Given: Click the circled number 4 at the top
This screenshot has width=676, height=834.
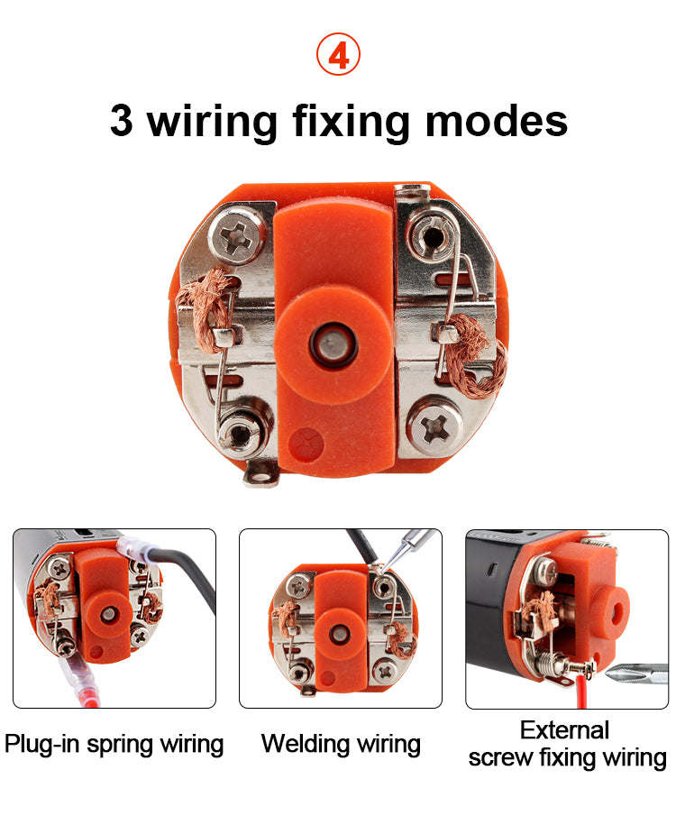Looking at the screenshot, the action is pos(338,54).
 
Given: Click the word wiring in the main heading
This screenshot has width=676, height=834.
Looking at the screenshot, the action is pos(212,123).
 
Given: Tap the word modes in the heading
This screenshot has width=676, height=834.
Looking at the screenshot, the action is pos(497,122).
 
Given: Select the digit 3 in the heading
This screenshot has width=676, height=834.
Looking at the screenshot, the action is pos(122,121).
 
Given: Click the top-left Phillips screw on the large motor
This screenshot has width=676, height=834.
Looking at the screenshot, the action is pos(237,234).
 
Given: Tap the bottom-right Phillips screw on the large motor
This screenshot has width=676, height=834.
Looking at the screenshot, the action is pos(435,426).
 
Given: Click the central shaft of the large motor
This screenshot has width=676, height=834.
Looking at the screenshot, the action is pos(333,344).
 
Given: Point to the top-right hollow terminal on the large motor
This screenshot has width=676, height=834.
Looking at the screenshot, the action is pos(432,234).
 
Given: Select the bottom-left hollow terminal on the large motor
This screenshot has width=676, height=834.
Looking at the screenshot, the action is pos(241,432).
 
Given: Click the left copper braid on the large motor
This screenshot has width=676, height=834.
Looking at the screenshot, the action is pos(206,309).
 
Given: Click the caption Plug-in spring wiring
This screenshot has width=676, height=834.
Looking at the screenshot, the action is pos(114,744).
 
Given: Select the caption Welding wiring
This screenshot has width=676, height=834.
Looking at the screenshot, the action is pos(341,744).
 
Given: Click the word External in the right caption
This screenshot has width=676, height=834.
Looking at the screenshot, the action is pos(564,729).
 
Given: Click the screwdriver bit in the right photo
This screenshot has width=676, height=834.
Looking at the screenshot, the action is pos(636,674).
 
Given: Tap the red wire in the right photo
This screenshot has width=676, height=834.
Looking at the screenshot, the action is pos(581,691).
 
